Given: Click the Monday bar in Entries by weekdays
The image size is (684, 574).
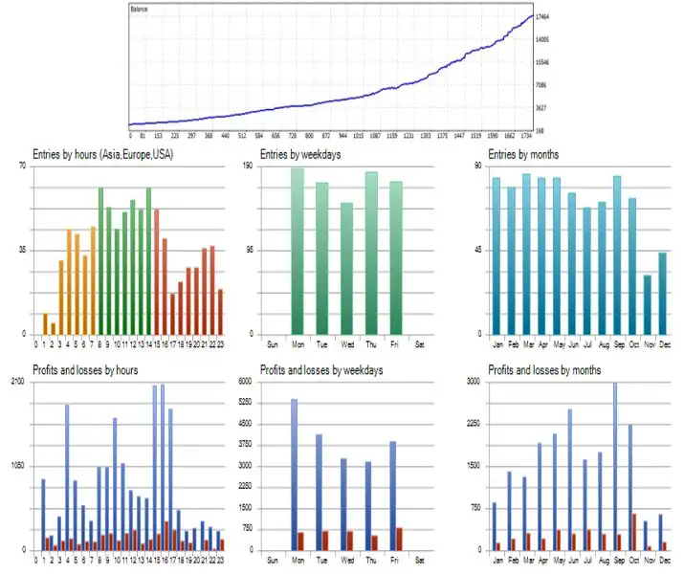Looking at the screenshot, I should (x=298, y=251).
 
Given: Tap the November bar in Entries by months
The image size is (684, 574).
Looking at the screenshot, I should (x=647, y=304).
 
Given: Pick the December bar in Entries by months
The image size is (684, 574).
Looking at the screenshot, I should (x=662, y=293).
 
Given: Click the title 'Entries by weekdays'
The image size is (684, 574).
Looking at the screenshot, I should (x=300, y=155).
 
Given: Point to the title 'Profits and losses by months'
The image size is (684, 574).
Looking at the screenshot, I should (x=544, y=369).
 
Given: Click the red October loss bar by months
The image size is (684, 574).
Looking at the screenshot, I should (x=634, y=532).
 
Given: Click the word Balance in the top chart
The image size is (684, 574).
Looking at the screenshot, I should (x=140, y=9).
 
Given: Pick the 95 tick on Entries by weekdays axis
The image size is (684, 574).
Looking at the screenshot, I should (x=251, y=250).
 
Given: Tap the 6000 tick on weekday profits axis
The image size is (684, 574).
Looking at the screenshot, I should (x=246, y=382).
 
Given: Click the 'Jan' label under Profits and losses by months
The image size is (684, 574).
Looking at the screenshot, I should (x=496, y=559).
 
